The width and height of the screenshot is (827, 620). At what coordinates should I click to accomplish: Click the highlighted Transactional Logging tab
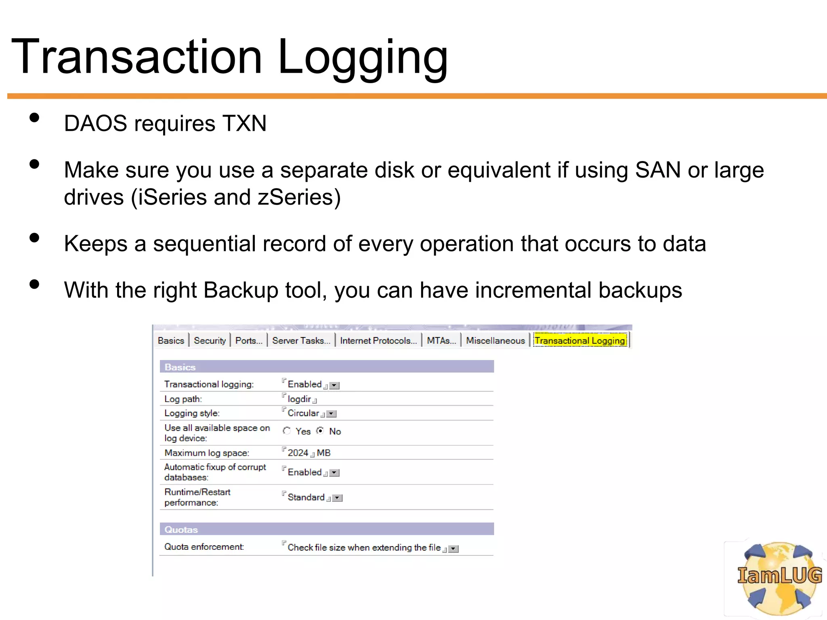tap(580, 340)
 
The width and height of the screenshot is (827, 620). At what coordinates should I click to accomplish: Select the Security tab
tap(210, 340)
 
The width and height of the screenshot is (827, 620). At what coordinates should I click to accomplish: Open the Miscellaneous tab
tap(495, 340)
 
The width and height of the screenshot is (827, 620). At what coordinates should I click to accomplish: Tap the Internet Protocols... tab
tap(378, 340)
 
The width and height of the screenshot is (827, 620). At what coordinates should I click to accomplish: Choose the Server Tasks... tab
tap(301, 340)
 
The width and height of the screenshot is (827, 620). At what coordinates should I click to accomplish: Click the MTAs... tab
tap(441, 340)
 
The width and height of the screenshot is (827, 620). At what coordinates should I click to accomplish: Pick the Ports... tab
tap(249, 340)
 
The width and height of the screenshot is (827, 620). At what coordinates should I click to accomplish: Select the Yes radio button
tap(287, 431)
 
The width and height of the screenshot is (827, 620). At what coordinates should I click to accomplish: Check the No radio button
tap(320, 431)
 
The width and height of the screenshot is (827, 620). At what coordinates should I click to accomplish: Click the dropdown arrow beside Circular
tap(332, 414)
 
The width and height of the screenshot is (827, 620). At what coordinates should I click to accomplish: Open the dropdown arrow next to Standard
tap(338, 498)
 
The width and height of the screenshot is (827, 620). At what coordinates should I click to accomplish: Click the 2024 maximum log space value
tap(298, 453)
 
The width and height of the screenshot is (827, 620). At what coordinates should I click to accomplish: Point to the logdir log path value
tap(299, 399)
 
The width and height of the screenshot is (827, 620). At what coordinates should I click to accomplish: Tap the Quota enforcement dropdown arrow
tap(454, 549)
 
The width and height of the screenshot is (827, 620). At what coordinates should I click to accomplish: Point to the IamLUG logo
tap(779, 578)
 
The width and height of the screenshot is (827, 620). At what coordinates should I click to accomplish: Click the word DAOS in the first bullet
tap(95, 123)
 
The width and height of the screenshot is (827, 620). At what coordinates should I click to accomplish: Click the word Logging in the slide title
tap(363, 57)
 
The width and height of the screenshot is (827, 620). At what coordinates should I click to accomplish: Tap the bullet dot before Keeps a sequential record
tap(35, 238)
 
